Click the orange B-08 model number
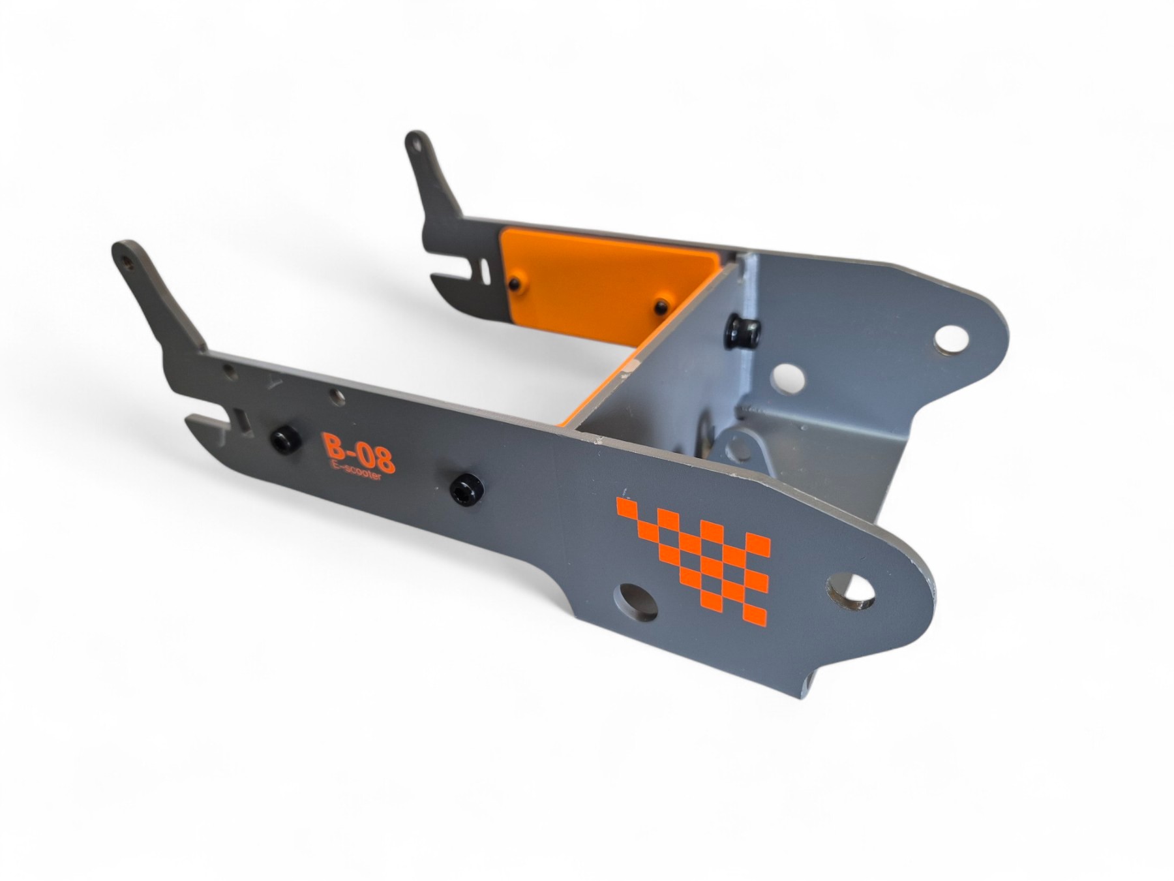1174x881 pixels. click(359, 451)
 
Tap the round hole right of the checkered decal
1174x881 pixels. click(851, 590)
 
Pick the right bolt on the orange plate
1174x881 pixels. click(661, 305)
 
